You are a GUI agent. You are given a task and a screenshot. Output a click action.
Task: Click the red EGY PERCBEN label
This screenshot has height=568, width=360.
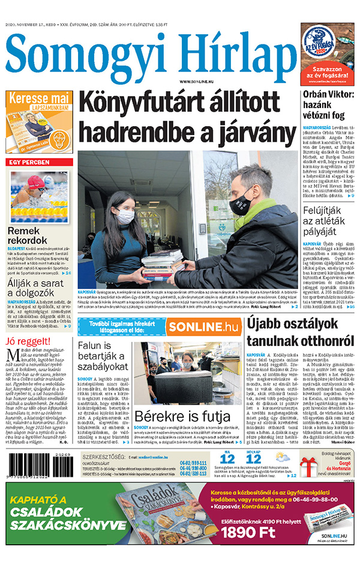[x=28, y=163]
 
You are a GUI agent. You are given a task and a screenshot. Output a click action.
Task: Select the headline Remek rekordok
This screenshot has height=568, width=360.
[x=28, y=235]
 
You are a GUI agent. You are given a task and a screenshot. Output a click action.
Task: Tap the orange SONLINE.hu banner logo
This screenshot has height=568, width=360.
[x=202, y=327]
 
